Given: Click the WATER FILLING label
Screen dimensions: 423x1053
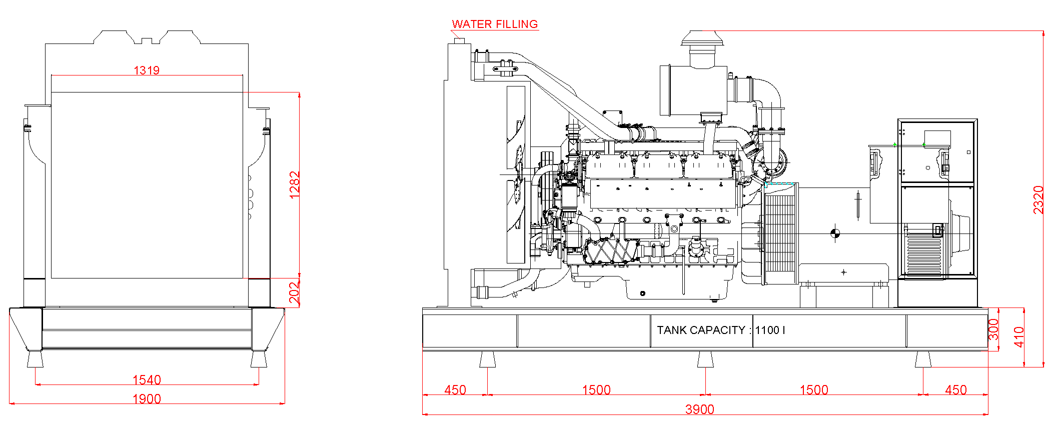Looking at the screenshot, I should click(x=494, y=24).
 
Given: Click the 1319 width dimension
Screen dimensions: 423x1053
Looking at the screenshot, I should click(x=147, y=70).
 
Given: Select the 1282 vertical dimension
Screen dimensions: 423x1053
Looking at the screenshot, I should click(x=295, y=184).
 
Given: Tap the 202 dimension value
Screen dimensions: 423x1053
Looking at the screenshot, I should click(x=295, y=292).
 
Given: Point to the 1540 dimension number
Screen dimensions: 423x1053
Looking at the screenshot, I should click(x=147, y=380).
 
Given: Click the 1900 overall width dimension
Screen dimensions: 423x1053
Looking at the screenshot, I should click(x=147, y=399).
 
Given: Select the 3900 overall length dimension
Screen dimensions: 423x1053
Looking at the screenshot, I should click(x=699, y=409).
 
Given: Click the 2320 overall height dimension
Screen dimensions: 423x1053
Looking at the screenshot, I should click(x=1038, y=199).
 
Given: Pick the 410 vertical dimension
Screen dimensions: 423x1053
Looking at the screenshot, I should click(x=1018, y=336).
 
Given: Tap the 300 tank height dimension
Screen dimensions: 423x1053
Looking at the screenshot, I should click(x=993, y=329).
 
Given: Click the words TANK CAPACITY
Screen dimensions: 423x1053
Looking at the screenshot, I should click(x=700, y=330).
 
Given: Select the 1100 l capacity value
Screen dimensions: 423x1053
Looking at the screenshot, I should click(x=770, y=330).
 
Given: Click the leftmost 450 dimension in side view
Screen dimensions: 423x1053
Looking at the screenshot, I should click(x=455, y=390).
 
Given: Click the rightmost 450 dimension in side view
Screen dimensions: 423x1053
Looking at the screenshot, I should click(x=955, y=390).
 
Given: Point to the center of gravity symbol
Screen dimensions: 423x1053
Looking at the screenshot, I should click(x=835, y=233).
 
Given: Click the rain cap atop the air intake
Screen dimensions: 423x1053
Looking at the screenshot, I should click(x=702, y=38).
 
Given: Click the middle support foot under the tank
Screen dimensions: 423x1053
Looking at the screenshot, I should click(x=705, y=359).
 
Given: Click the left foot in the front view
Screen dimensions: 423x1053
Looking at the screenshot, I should click(x=35, y=359).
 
